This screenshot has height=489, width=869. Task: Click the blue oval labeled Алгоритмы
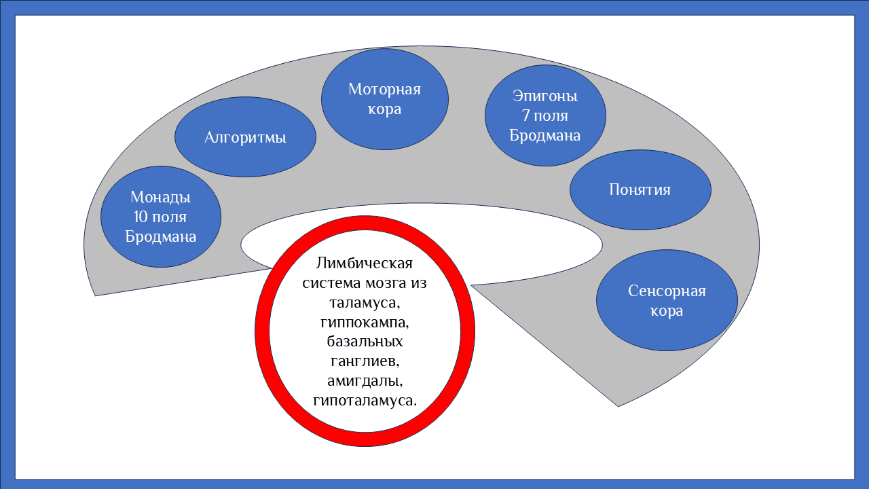point(245,137)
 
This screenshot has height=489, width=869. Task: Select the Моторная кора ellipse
point(384,98)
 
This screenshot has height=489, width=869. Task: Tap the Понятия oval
point(640,189)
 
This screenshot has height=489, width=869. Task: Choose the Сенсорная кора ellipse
point(666,301)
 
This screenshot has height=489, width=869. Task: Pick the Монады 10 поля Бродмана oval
point(161,217)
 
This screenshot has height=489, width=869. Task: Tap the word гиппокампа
point(365,321)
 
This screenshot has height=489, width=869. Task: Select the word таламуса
point(365,302)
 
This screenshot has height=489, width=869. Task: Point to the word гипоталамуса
point(365,400)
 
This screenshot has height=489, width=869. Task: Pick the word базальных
point(365,341)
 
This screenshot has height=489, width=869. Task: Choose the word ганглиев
point(365,361)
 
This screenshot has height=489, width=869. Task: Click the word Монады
point(161,198)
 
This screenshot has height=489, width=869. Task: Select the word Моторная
point(384,89)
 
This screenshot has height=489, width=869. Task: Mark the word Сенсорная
point(667,291)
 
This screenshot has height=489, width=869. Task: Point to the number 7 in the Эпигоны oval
point(525,116)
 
